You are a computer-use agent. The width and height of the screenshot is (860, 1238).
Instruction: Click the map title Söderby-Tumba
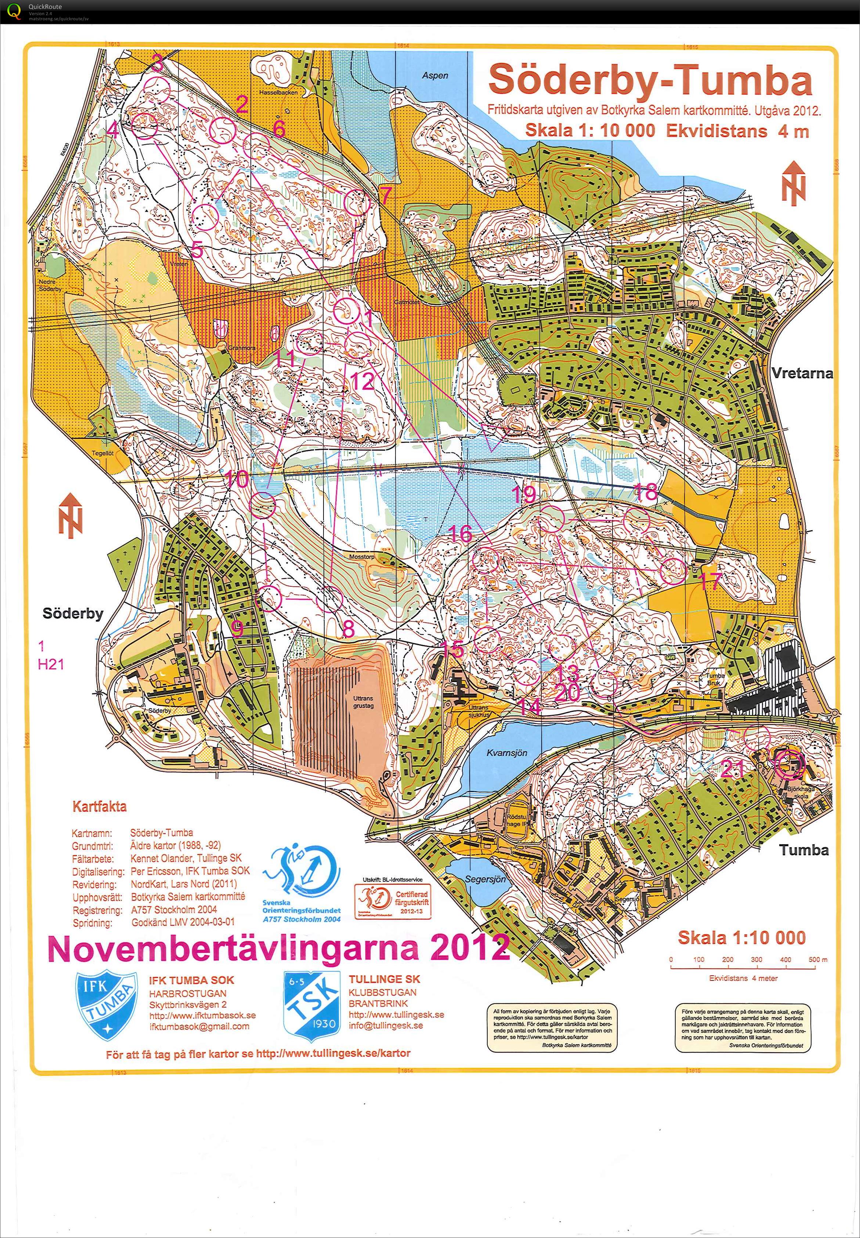[650, 80]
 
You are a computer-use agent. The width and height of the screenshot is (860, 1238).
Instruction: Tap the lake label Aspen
[435, 75]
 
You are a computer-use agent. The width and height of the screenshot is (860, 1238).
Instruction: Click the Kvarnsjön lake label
[506, 753]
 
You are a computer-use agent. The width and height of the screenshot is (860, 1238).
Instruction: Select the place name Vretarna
[801, 373]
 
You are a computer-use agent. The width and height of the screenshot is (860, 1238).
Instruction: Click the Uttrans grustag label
[363, 702]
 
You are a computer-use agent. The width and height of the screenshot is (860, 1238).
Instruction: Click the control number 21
[733, 769]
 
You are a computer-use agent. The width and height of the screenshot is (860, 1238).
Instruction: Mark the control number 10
[236, 479]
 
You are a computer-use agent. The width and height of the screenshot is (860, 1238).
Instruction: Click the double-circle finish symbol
[791, 763]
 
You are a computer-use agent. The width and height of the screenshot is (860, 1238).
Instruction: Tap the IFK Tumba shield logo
[106, 1006]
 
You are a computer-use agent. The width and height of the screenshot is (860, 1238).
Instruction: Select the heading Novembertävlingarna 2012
[278, 949]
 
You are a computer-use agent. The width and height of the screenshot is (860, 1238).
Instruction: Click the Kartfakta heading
[100, 806]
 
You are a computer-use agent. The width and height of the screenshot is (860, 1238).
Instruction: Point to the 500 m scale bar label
[817, 960]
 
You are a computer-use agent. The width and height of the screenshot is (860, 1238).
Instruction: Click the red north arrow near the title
[794, 183]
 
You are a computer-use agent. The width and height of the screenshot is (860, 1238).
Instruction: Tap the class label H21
[51, 664]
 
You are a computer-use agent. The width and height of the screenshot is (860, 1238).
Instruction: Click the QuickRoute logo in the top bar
[15, 11]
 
